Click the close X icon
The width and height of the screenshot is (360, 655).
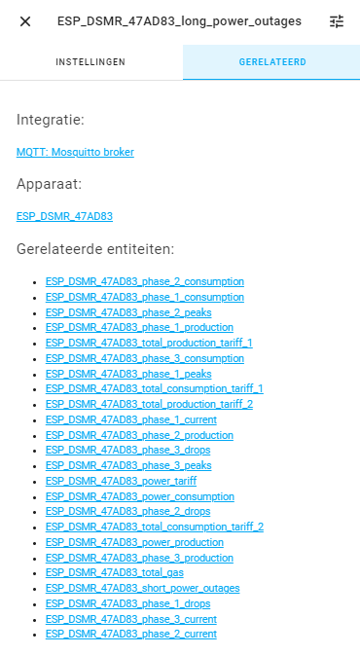25,21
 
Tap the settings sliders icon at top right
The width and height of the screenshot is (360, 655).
337,21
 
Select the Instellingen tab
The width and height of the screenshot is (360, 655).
90,62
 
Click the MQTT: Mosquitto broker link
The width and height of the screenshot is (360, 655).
75,152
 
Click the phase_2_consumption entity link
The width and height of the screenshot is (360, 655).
144,281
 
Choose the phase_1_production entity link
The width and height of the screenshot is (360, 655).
139,328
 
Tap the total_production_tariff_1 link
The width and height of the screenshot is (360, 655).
149,343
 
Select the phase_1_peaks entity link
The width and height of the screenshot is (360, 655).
127,373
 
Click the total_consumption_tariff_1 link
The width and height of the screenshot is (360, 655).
154,388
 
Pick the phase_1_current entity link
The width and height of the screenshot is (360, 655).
130,419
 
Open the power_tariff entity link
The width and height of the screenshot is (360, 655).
121,481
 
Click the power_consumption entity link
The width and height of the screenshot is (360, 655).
139,496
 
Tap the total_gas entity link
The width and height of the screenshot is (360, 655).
114,573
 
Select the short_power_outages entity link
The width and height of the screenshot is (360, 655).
142,588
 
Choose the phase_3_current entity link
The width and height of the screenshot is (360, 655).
130,619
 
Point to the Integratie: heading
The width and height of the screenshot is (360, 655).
50,120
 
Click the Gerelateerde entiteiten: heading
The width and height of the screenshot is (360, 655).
95,249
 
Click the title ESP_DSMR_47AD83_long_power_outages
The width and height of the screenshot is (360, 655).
179,21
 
